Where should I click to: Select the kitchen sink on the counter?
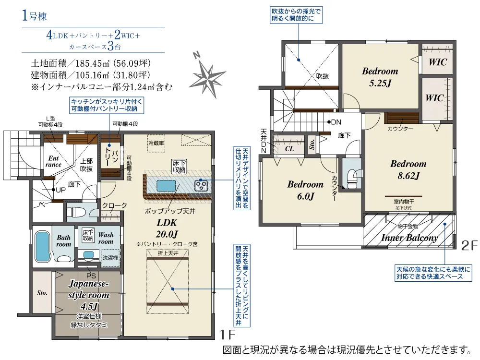[166, 186]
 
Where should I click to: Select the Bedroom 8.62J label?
[408, 169]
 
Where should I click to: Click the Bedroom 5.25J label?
[380, 77]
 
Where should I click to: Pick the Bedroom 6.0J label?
[305, 190]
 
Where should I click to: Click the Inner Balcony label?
[409, 238]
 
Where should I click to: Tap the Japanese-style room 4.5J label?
[88, 295]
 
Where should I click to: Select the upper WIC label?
[438, 62]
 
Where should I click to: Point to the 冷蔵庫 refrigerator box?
[156, 143]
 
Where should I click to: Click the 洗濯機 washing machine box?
[110, 258]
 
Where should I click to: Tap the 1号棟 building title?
[34, 15]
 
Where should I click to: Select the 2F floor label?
[469, 245]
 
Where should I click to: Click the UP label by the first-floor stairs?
[60, 190]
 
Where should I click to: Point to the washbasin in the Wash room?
[88, 255]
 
